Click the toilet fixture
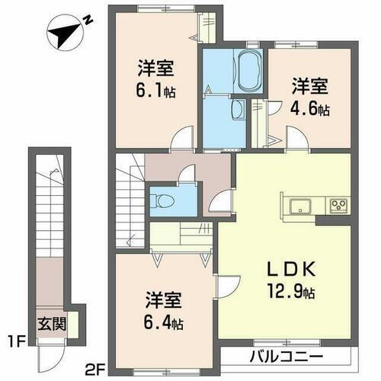pyautogui.click(x=163, y=201)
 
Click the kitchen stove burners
pyautogui.click(x=338, y=206)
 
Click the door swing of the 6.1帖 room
pyautogui.click(x=180, y=139)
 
